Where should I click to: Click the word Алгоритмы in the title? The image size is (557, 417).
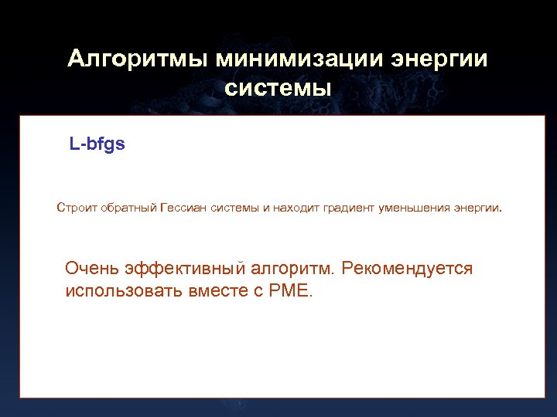pos(137,59)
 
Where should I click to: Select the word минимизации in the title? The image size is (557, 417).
pos(299,59)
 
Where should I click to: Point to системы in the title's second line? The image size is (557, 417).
pos(278,88)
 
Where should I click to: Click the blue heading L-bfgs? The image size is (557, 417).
pos(97,144)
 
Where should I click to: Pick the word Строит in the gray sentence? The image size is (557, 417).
pos(74,207)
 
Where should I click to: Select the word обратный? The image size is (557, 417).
pos(126,207)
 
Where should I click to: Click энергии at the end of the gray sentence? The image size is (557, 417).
pos(477,207)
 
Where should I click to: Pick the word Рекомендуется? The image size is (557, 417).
pos(407,269)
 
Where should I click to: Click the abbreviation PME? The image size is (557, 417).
pos(289,292)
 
